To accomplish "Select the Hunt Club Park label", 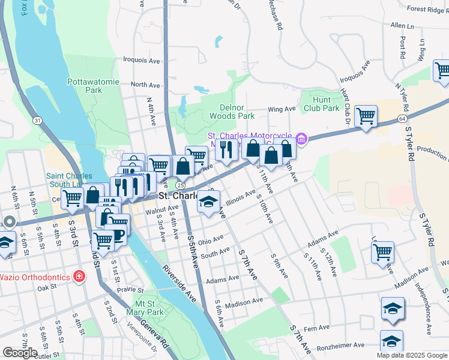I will tap(322, 104).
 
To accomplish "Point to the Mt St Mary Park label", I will tap(145, 308).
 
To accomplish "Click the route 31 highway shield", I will tap(38, 121).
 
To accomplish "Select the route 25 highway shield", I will tap(180, 186).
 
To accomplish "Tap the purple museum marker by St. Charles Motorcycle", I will tap(301, 139).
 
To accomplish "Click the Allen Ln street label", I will tap(402, 26).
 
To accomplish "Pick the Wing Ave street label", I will tap(282, 109).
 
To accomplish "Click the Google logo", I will tap(20, 353).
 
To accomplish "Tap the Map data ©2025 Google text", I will tap(412, 355).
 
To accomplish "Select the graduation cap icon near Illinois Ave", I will tap(209, 202).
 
